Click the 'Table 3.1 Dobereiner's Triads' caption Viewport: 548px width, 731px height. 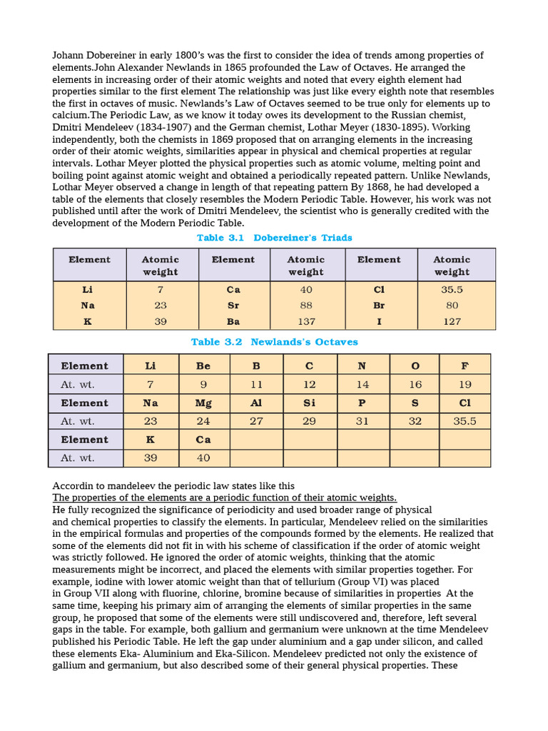click(274, 238)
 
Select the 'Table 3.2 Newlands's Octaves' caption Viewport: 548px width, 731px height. click(274, 342)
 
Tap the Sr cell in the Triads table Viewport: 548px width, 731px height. click(233, 306)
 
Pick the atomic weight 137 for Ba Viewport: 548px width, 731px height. click(306, 322)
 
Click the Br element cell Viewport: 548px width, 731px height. click(379, 306)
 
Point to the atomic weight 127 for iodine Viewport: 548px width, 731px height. click(452, 322)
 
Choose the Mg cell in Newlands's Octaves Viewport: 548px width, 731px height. click(203, 403)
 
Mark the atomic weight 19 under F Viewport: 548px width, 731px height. click(465, 384)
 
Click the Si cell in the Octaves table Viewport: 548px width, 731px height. click(310, 403)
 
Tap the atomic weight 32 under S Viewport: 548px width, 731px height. click(415, 421)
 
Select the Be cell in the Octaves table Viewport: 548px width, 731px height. click(203, 365)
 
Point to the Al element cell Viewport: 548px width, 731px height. click(256, 403)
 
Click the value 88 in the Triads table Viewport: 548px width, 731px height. click(306, 306)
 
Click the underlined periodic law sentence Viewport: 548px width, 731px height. click(225, 498)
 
